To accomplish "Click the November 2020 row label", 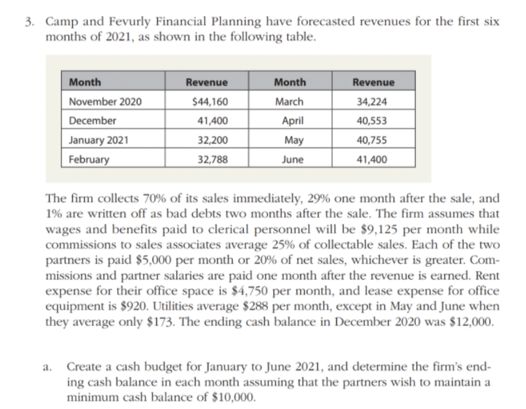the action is tap(105, 101).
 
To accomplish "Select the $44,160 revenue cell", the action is tap(210, 102).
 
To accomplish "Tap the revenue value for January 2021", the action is tap(213, 140).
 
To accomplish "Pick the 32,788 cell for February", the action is tap(213, 160).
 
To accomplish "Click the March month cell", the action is tap(289, 101).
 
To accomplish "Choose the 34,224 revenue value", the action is tap(372, 102).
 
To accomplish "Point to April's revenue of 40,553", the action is tap(372, 121).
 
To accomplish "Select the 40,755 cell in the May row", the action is tap(372, 140).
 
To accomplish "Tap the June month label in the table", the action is tap(293, 160).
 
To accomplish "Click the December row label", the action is tap(93, 120).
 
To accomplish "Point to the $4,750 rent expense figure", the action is tap(250, 291).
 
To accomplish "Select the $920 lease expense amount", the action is tap(134, 306).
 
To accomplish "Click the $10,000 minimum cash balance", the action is tap(233, 397).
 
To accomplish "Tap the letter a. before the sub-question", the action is tap(47, 368).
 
